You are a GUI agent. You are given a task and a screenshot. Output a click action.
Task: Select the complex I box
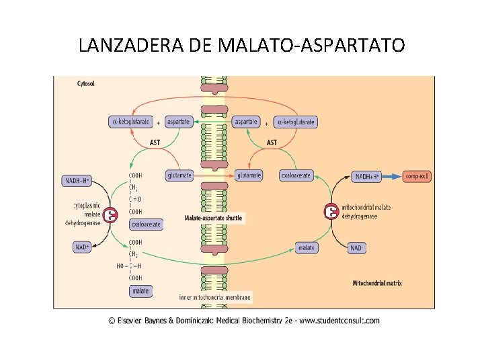coord(417,176)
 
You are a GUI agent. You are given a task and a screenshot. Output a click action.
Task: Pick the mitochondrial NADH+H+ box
coord(366,176)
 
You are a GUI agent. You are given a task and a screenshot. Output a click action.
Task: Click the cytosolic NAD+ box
coord(82,247)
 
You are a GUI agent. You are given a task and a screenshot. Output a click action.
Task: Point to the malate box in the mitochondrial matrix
coord(306,247)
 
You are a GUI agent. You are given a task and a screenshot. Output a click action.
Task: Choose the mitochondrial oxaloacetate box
coord(296,175)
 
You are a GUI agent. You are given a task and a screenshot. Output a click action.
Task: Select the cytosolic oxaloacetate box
coord(146,224)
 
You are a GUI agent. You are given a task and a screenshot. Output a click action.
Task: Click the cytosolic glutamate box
coord(179,175)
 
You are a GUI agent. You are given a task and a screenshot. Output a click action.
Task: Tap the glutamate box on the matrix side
coord(248,175)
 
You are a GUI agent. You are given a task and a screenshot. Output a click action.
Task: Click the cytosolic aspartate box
coord(179,122)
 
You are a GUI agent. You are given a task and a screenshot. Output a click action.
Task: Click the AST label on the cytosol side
coord(155,143)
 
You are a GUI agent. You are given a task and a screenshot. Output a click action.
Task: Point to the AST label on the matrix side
coord(272,143)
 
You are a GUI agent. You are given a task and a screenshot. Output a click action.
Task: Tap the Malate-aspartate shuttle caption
coord(213,218)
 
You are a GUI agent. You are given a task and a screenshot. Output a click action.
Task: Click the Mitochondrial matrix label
coord(377,283)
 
